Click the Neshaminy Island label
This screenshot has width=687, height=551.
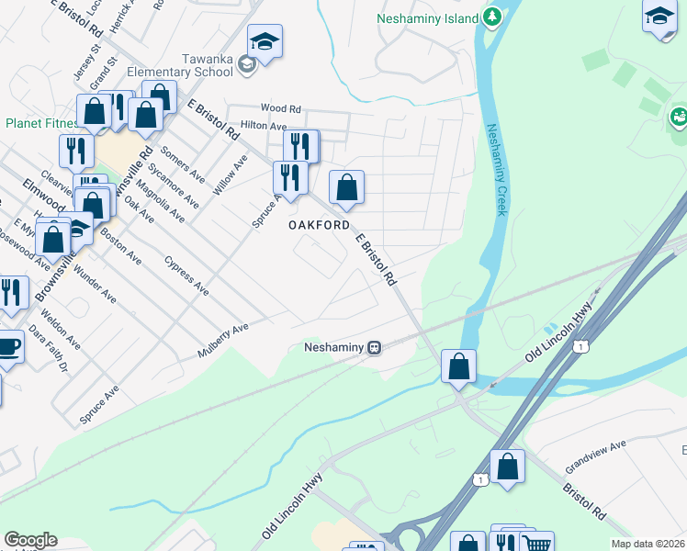tap(429, 18)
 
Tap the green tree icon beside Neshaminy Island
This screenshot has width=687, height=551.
tap(493, 17)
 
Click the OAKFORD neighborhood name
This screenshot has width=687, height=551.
tap(319, 225)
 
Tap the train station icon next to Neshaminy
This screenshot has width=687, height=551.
tap(375, 347)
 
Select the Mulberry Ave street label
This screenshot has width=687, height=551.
tap(223, 341)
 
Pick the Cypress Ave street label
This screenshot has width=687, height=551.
tap(186, 275)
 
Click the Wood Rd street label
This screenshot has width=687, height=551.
tap(280, 108)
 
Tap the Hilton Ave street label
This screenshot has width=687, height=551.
tap(257, 124)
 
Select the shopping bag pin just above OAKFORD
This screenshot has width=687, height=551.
tap(346, 187)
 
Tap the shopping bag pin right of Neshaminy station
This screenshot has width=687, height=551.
tap(458, 365)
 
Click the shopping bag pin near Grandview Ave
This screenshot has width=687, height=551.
tap(507, 466)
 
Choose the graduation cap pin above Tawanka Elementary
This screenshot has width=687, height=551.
tap(265, 41)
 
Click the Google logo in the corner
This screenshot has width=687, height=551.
tap(30, 540)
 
